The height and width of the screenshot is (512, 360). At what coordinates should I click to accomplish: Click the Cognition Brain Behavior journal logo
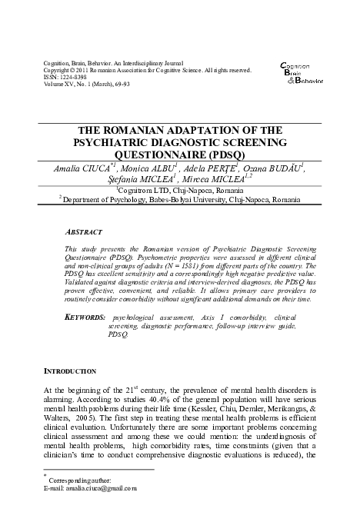coord(300,71)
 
